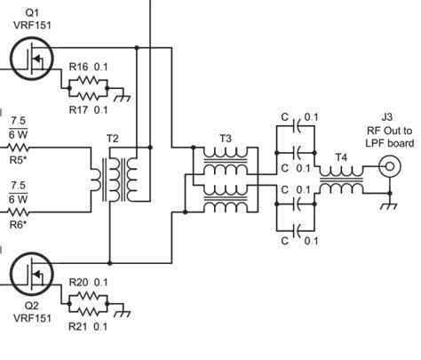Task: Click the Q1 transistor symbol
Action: point(34,58)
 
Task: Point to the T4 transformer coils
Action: point(341,188)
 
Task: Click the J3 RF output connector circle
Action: point(387,166)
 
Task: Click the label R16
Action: point(79,66)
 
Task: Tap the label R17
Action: point(79,109)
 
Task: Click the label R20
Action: point(79,283)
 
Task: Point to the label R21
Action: point(79,326)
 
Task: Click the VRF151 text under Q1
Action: point(32,24)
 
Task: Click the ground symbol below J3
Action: point(388,206)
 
